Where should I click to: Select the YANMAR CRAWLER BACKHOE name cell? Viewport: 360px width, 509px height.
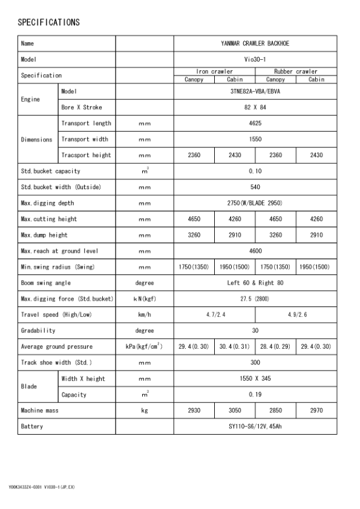point(255,44)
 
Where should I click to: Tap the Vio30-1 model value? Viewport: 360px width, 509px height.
point(255,60)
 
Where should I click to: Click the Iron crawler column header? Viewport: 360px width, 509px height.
point(214,71)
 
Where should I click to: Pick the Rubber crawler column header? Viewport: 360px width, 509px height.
point(296,71)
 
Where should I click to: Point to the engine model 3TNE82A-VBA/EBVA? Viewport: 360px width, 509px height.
point(255,91)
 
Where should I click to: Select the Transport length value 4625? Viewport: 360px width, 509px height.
point(255,123)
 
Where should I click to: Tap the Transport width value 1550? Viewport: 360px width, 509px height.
point(255,139)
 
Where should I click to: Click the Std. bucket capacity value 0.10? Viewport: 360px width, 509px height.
point(255,171)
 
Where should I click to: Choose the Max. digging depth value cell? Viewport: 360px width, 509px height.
point(255,203)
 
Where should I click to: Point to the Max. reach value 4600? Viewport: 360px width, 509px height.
point(255,251)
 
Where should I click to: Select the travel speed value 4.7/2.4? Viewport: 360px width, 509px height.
point(214,315)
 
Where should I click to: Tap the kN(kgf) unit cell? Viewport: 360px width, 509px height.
point(144,299)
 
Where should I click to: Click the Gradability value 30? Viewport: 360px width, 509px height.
point(255,331)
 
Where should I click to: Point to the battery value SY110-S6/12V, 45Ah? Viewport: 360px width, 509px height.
point(255,427)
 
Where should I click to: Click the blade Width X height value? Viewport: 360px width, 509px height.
point(255,379)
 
